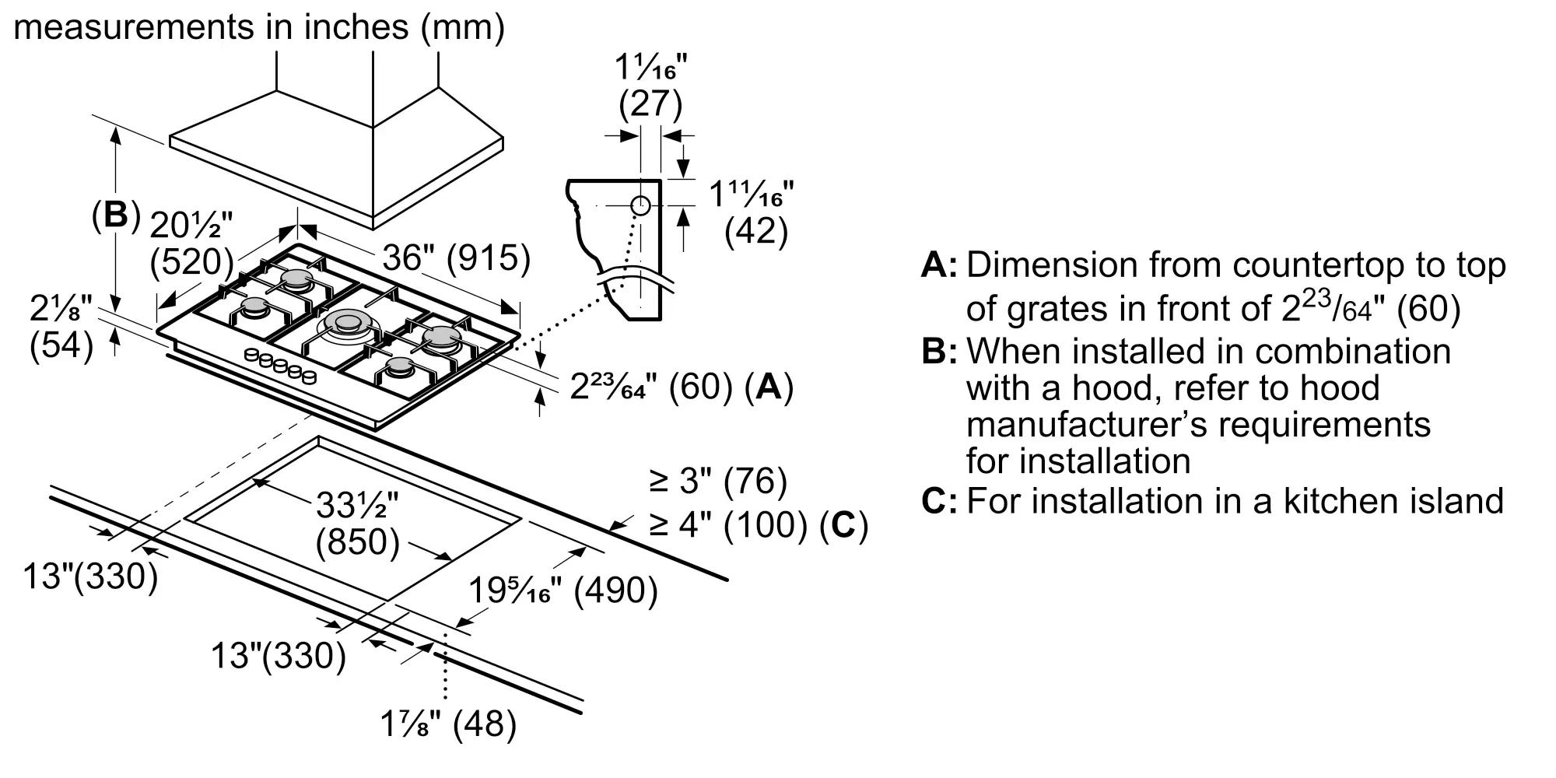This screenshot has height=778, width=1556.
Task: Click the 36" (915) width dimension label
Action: tap(457, 258)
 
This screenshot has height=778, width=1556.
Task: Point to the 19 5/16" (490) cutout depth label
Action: tap(563, 591)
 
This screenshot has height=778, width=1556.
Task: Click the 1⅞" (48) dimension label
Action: tap(448, 724)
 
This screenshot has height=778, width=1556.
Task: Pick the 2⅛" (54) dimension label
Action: tap(61, 328)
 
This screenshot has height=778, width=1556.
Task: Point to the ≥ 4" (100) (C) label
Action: tap(759, 525)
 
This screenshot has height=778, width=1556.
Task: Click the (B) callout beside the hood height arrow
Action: tap(116, 216)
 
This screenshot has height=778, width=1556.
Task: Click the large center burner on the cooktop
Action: tap(347, 322)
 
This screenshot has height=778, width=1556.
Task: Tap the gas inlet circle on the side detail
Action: tap(640, 205)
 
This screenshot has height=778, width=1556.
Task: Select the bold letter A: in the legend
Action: tap(940, 265)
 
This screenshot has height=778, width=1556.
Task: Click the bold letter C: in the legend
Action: tap(940, 501)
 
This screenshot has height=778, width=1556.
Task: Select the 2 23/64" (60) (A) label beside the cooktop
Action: tap(682, 387)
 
